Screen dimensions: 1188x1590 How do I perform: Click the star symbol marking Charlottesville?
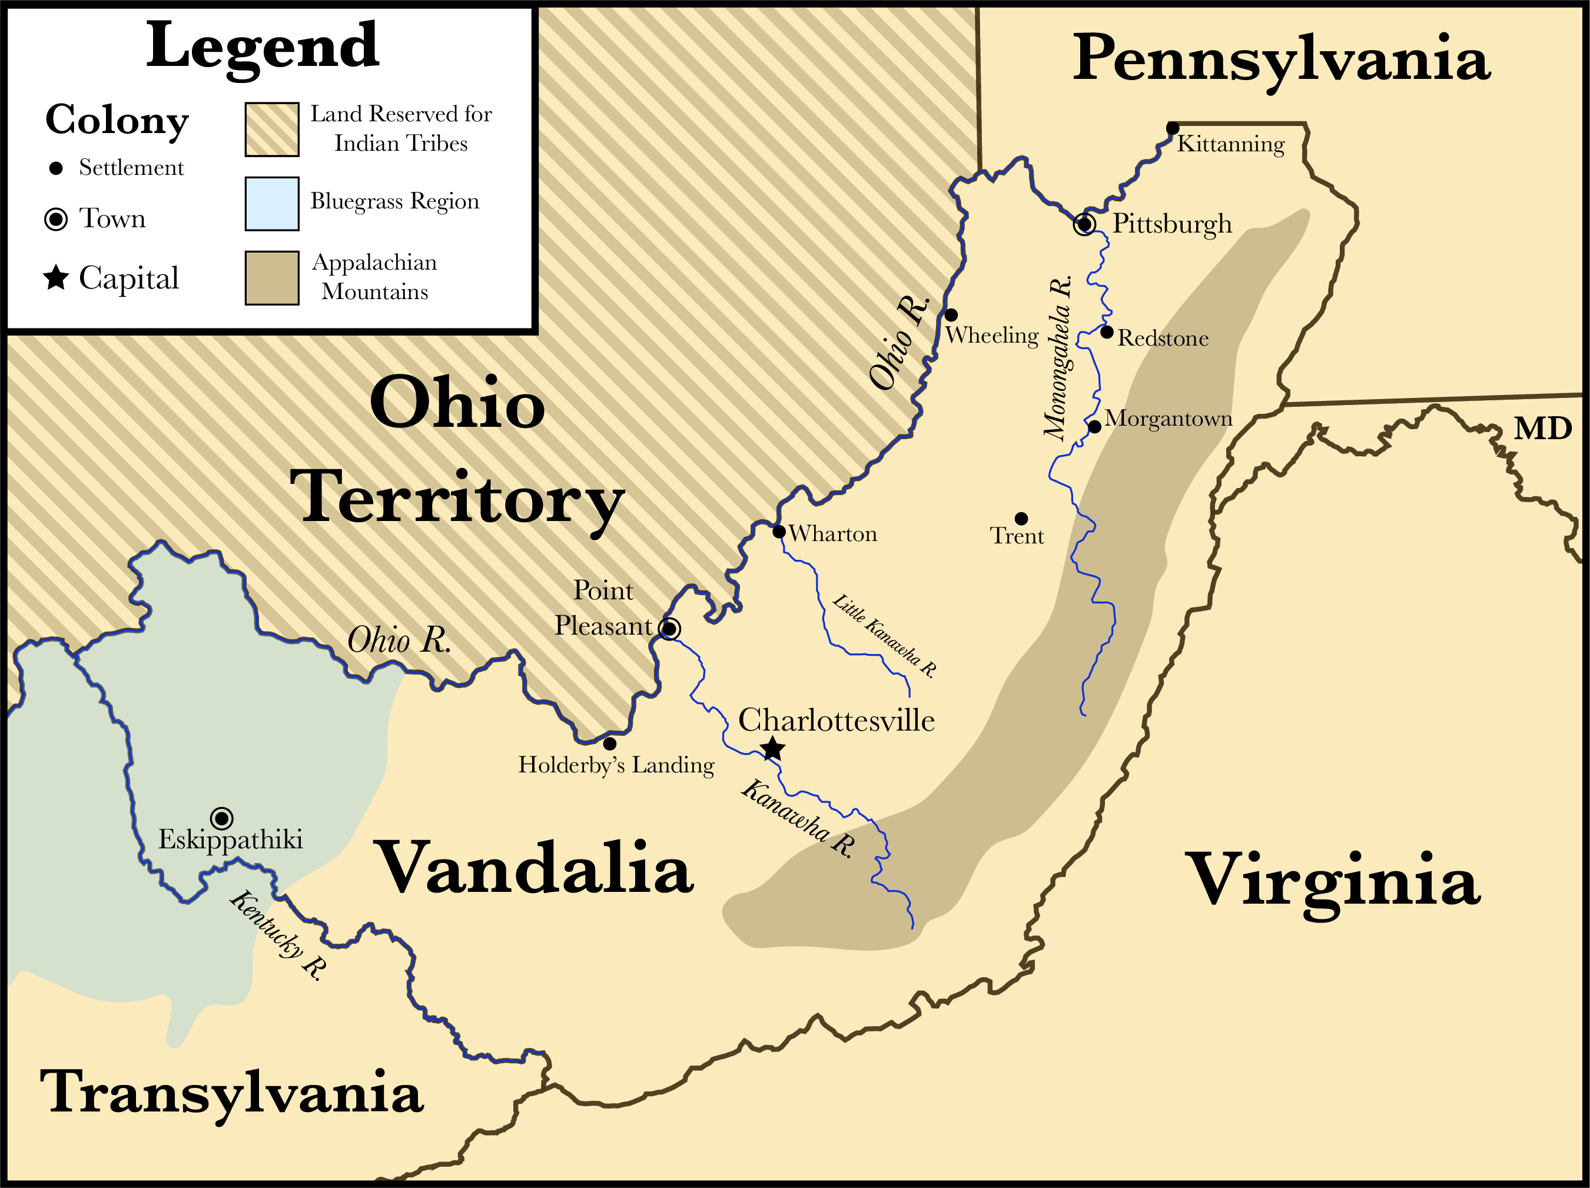(x=772, y=749)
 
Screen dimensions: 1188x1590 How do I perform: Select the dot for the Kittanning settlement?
(x=1173, y=128)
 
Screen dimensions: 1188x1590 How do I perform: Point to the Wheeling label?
(x=991, y=336)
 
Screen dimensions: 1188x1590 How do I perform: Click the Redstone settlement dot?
(x=1107, y=332)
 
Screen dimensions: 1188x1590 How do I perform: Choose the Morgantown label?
(x=1168, y=419)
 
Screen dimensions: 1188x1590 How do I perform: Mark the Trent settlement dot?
(x=1021, y=518)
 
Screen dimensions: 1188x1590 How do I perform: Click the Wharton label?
(x=832, y=534)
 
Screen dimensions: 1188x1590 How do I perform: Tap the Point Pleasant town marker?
(x=669, y=629)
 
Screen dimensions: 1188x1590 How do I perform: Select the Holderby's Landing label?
(x=616, y=765)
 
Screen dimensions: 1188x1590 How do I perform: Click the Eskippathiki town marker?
(x=221, y=818)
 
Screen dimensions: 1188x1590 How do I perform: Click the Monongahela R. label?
(x=1058, y=357)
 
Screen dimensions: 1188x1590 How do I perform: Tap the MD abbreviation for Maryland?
(x=1542, y=429)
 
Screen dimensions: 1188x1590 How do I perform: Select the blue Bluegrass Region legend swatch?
(x=272, y=203)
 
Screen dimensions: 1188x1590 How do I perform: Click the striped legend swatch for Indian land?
(x=272, y=130)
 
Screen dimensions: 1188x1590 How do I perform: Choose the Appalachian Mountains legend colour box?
(x=272, y=278)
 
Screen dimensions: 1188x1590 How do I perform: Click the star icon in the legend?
(x=56, y=277)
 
